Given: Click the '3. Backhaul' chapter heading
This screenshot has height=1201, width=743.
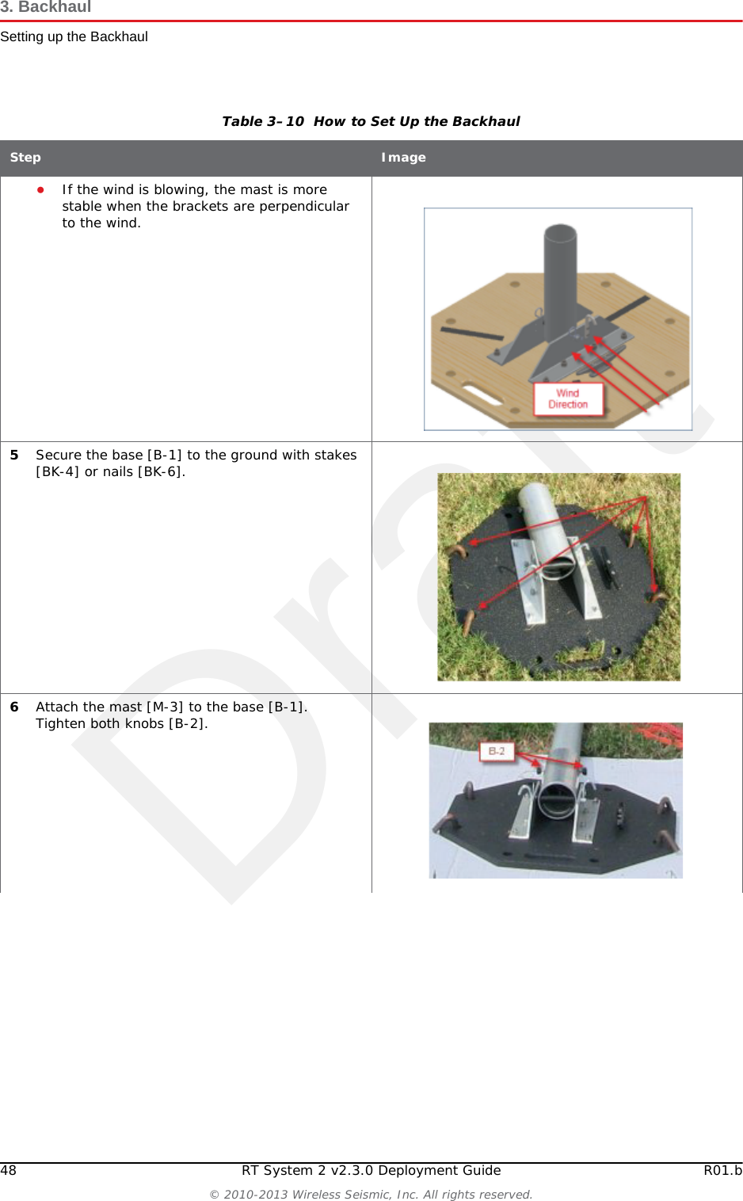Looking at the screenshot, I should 46,7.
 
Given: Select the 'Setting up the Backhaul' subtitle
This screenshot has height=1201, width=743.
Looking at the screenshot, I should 74,36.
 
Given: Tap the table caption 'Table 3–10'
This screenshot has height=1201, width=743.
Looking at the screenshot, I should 263,121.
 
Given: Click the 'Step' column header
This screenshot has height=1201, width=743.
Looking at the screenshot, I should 25,158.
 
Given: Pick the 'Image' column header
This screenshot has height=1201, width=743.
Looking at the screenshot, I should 403,158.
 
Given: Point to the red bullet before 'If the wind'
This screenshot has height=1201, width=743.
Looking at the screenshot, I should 40,189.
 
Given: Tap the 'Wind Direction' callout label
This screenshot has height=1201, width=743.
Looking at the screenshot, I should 568,398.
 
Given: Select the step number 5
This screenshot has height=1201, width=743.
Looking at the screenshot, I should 14,455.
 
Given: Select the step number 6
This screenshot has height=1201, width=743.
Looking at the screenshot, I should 14,707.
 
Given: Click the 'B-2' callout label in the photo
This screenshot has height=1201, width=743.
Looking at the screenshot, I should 497,751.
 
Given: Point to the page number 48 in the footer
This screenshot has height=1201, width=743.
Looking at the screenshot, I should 9,1170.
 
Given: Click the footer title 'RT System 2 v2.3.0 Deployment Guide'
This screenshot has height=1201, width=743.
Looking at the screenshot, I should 371,1170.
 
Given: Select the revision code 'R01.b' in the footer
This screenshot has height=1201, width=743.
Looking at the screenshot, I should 722,1170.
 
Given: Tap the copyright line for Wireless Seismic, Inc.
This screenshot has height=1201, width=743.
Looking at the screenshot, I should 371,1194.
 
